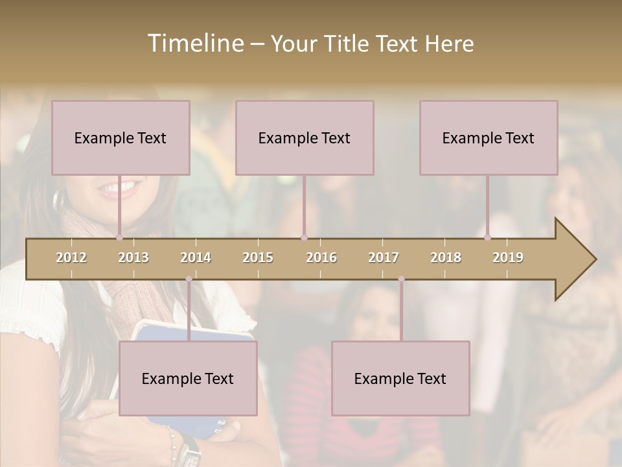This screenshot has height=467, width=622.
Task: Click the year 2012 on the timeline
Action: click(x=71, y=257)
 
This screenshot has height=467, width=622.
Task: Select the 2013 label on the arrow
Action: click(x=133, y=257)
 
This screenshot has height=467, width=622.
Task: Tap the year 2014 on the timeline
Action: click(x=196, y=257)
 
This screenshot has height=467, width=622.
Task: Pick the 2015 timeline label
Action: click(x=258, y=257)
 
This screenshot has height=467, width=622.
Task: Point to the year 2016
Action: click(x=321, y=257)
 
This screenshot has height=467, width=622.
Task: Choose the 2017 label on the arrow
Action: click(x=384, y=257)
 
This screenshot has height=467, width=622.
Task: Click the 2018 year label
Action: click(x=446, y=257)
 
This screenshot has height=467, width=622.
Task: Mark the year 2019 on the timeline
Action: click(x=508, y=257)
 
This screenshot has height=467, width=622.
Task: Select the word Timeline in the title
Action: click(x=194, y=43)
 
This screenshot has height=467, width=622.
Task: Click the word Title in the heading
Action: click(x=348, y=43)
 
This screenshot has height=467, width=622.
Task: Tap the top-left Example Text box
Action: click(x=121, y=138)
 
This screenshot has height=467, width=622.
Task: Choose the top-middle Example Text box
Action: click(x=305, y=138)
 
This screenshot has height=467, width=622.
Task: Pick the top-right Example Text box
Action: click(x=489, y=138)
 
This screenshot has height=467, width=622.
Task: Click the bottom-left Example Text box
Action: click(x=188, y=378)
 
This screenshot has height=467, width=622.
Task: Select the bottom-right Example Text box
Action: click(x=400, y=378)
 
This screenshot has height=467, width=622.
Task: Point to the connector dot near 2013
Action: click(x=119, y=237)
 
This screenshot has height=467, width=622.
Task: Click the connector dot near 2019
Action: click(x=487, y=237)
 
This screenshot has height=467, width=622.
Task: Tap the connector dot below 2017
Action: click(x=401, y=279)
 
